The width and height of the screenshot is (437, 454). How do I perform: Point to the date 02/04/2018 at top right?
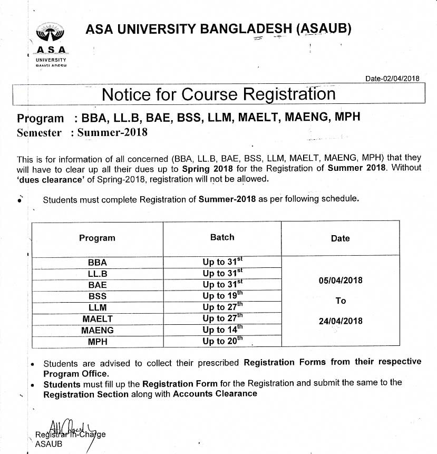393,79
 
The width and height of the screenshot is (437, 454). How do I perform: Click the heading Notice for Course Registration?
218,94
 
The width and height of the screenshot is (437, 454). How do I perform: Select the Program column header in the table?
97,238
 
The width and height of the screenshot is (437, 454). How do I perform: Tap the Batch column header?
222,237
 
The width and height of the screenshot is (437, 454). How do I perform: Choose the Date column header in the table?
340,238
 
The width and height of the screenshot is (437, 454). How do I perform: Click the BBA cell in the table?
97,262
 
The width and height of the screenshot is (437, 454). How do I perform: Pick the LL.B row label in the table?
97,274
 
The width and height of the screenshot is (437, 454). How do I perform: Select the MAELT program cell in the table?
97,319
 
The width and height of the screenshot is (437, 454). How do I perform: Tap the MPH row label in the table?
97,342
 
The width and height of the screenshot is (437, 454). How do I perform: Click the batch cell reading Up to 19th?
222,296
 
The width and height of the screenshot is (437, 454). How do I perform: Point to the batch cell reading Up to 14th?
222,330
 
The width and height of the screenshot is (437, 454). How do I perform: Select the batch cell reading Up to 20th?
222,341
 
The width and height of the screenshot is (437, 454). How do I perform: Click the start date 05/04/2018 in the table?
341,281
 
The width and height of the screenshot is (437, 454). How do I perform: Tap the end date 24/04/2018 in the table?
341,321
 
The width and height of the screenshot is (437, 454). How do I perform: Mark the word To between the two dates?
341,301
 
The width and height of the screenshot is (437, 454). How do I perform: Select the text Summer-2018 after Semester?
112,133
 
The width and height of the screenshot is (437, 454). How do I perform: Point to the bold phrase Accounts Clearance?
215,393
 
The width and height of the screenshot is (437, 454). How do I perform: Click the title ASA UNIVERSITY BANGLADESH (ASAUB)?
218,29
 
